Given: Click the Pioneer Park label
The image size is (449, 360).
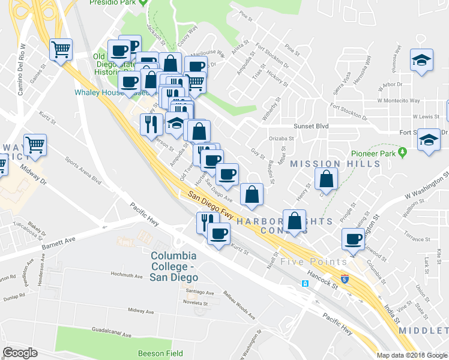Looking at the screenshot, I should point(379,153).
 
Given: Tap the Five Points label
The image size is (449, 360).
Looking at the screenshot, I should point(313,262).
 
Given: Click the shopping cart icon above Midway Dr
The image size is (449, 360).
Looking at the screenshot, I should point(35,144).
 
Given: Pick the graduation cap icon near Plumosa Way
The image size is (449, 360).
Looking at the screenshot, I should point(422,59).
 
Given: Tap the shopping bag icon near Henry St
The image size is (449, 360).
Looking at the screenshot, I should point(325,178).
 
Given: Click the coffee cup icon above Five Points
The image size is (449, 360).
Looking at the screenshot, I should point(354,239).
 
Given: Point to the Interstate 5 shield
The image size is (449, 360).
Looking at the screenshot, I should point(345,279).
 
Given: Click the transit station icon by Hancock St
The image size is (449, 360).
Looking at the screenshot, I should point(305,283).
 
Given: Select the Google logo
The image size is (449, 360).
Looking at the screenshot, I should point(20,353).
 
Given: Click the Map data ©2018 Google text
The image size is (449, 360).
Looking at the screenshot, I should point(411,355).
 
